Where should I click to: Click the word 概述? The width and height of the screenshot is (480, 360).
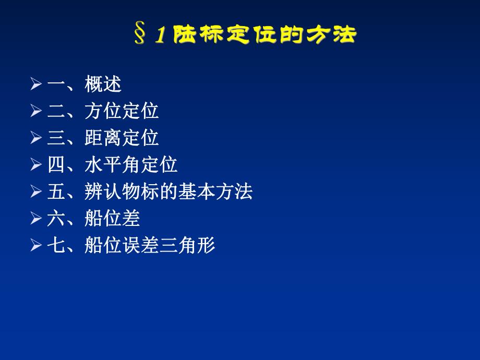(x=103, y=84)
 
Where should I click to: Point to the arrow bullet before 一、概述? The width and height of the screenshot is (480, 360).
(x=35, y=84)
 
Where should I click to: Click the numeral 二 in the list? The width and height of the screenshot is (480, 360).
(x=55, y=111)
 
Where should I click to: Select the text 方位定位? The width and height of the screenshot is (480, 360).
(x=122, y=111)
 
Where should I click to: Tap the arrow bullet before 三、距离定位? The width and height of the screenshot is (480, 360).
(x=35, y=138)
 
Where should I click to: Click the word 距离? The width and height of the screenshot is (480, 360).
(x=103, y=138)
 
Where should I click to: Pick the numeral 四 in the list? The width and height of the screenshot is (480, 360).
(x=55, y=165)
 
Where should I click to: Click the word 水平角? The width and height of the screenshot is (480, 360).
(x=112, y=165)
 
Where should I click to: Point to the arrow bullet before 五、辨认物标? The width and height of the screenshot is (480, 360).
(x=35, y=193)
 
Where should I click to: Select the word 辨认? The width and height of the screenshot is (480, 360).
(x=103, y=193)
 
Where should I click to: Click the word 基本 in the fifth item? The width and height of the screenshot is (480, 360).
(x=197, y=193)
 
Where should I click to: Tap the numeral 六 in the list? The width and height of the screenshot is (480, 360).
(x=55, y=219)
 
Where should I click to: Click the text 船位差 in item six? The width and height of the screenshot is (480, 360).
(x=112, y=219)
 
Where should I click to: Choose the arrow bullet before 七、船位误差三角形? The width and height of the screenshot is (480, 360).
(x=35, y=246)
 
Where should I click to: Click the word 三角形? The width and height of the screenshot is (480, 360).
(x=187, y=246)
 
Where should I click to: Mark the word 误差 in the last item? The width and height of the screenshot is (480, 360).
(x=140, y=246)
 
